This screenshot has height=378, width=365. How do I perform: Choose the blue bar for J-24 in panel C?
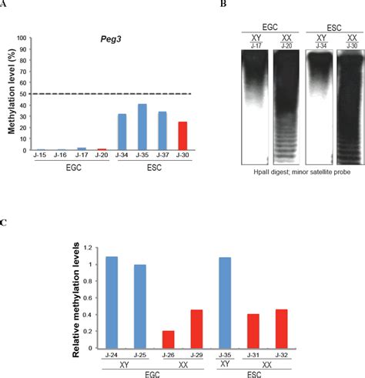(x=112, y=303)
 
